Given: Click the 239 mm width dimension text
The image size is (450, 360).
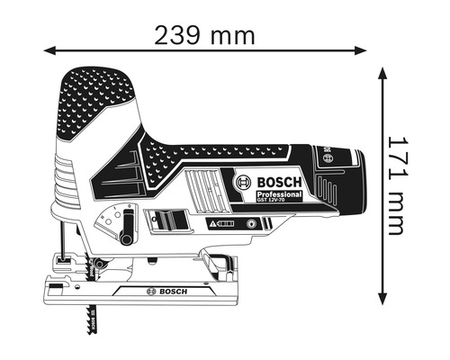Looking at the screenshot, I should point(204,36).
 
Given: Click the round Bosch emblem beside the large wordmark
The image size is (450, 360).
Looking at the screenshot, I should point(243,184).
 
